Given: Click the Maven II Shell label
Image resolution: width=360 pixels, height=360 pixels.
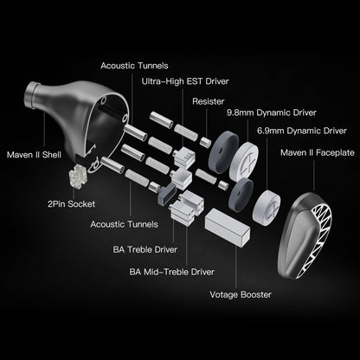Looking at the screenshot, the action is pos(34,155).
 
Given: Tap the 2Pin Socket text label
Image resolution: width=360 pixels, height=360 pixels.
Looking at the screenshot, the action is pos(71,204).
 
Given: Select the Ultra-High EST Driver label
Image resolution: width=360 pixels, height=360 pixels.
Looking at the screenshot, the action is pos(185,81).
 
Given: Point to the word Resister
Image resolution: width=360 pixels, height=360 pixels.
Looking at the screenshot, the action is pos(209,101).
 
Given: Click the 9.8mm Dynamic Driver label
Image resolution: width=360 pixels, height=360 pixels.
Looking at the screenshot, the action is pos(272,112).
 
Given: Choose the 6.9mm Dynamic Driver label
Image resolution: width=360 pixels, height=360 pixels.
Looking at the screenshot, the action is pos(302,131).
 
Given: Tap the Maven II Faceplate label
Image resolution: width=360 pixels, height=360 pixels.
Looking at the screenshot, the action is pos(318,152).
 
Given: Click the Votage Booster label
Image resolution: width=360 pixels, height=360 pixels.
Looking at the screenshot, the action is pos(241,295).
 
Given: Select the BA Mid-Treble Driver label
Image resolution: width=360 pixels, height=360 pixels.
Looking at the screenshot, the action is pos(172,272).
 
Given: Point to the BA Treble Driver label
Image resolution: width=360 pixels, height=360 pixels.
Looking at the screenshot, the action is pos(145,249).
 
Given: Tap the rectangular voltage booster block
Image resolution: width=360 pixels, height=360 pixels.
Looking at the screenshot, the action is pos(228,228).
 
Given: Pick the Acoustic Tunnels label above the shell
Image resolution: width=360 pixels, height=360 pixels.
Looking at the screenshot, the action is pos(134,66).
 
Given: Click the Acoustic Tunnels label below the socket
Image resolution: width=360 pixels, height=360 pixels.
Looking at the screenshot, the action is pos(125,224).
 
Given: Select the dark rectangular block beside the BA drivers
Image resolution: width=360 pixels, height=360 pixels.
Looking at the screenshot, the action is pos(167,194).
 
